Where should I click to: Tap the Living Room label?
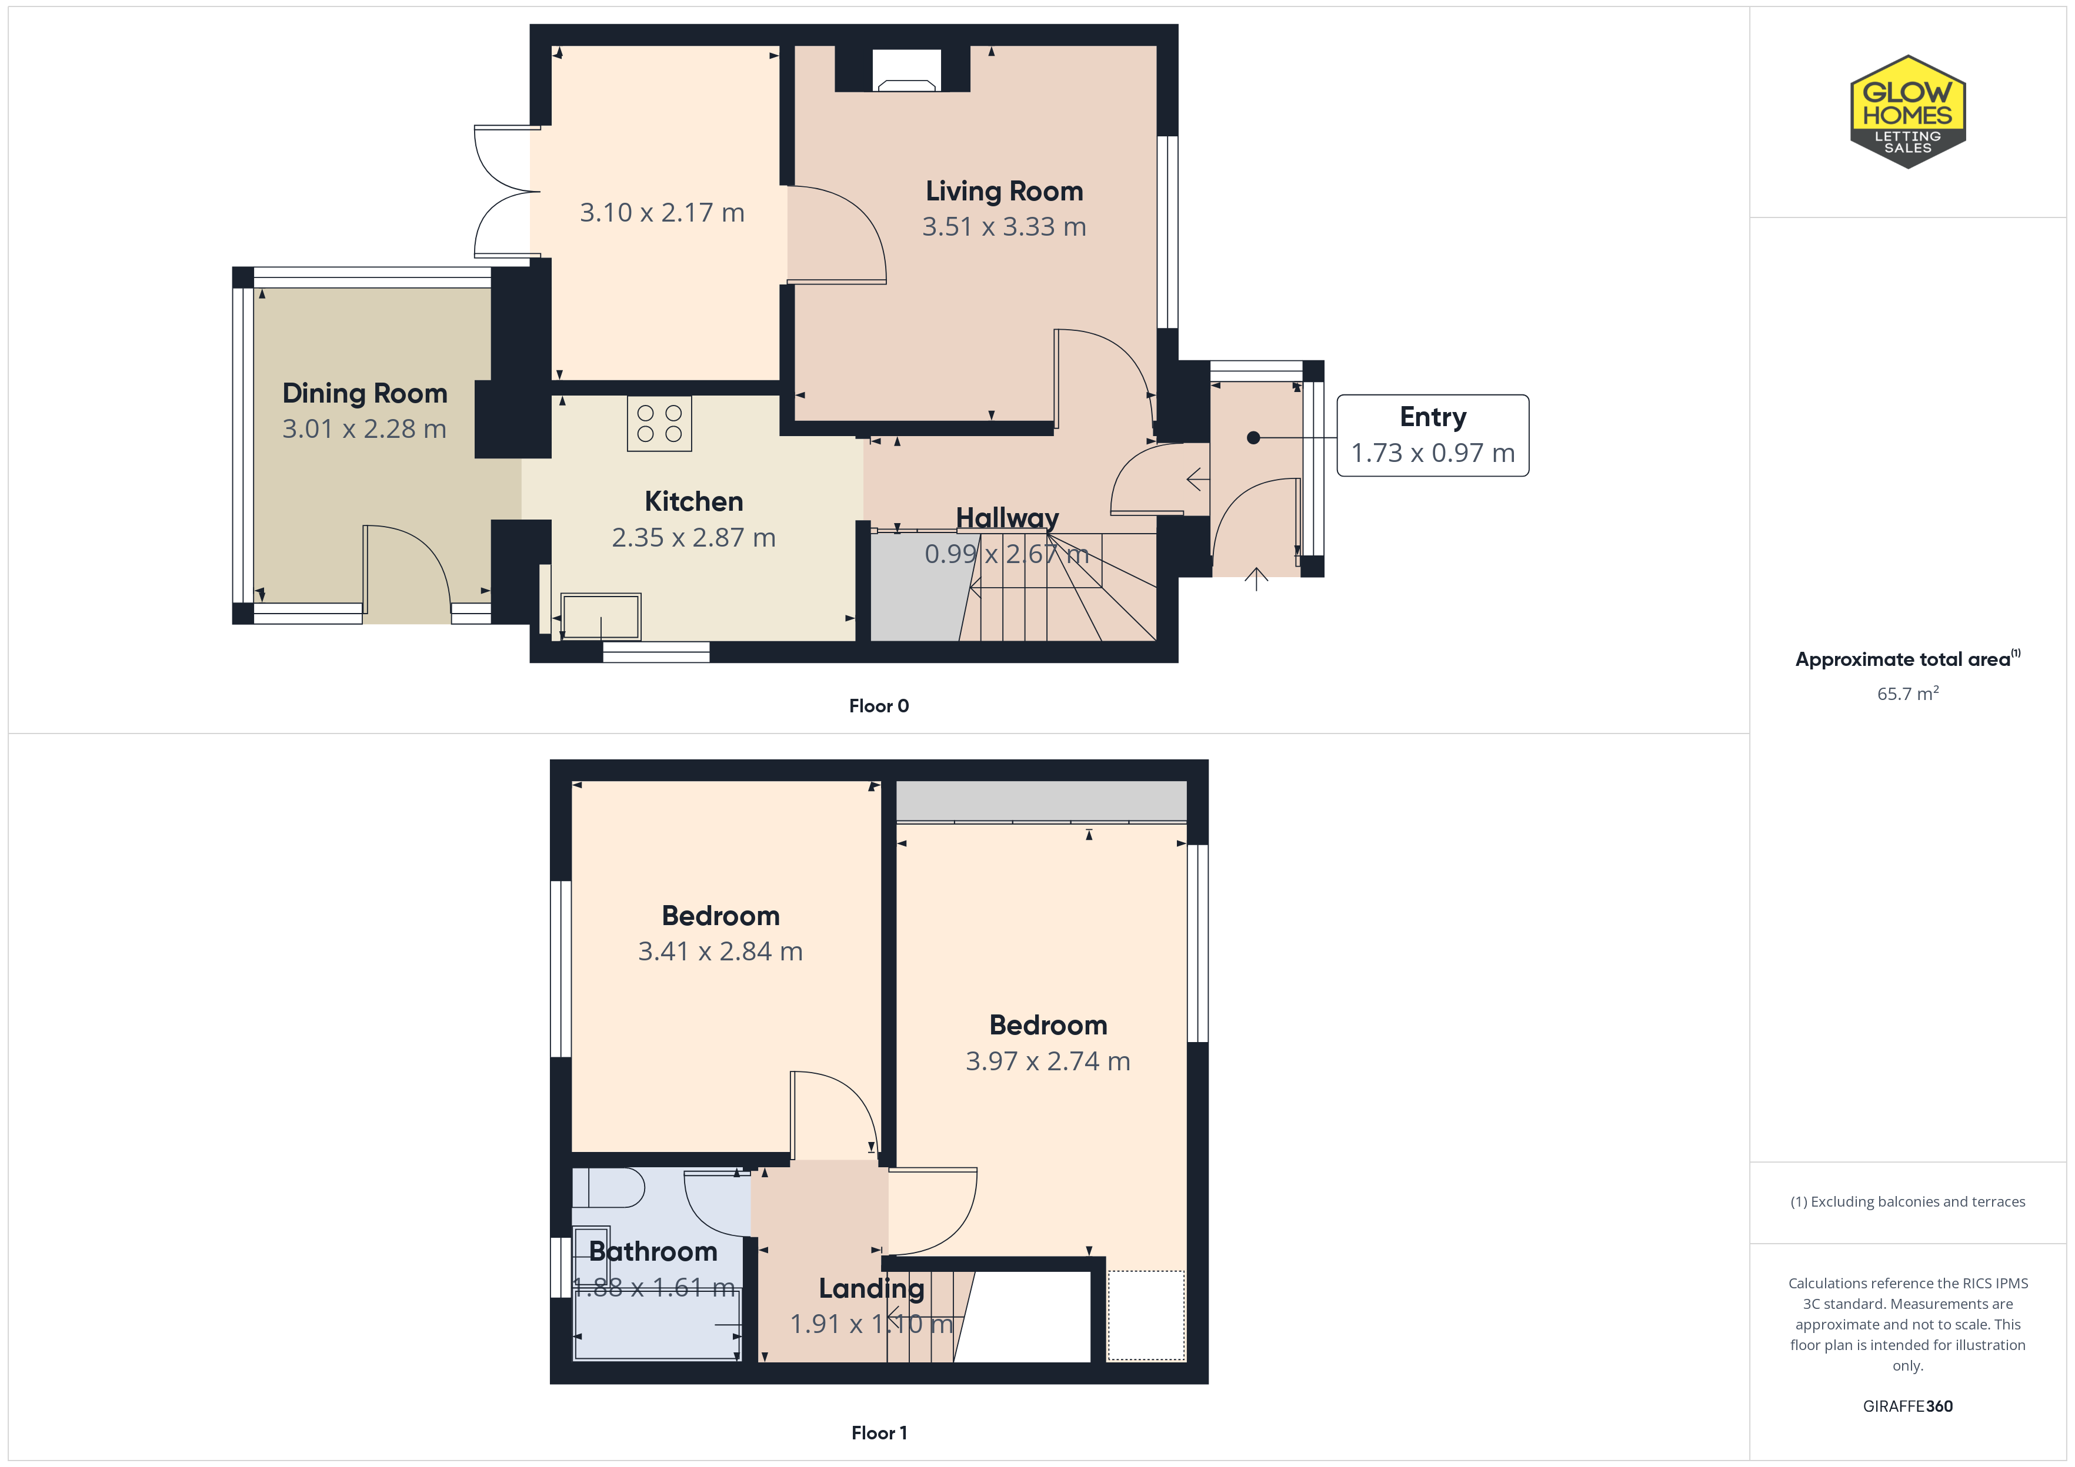coord(1004,192)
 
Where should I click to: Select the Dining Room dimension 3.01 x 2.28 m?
coord(364,429)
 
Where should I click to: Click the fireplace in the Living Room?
coord(906,69)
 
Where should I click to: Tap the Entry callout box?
coord(1432,436)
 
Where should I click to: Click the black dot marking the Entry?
coord(1253,438)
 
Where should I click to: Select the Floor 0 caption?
coord(879,706)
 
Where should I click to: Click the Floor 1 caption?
coord(879,1433)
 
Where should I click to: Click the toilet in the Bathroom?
coord(608,1188)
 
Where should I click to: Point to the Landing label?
coord(871,1289)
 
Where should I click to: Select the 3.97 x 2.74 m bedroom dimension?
coord(1047,1061)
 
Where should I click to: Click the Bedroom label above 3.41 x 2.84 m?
coord(720,916)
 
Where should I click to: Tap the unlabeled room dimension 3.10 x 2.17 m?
coord(662,213)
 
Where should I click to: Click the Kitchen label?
coord(693,501)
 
